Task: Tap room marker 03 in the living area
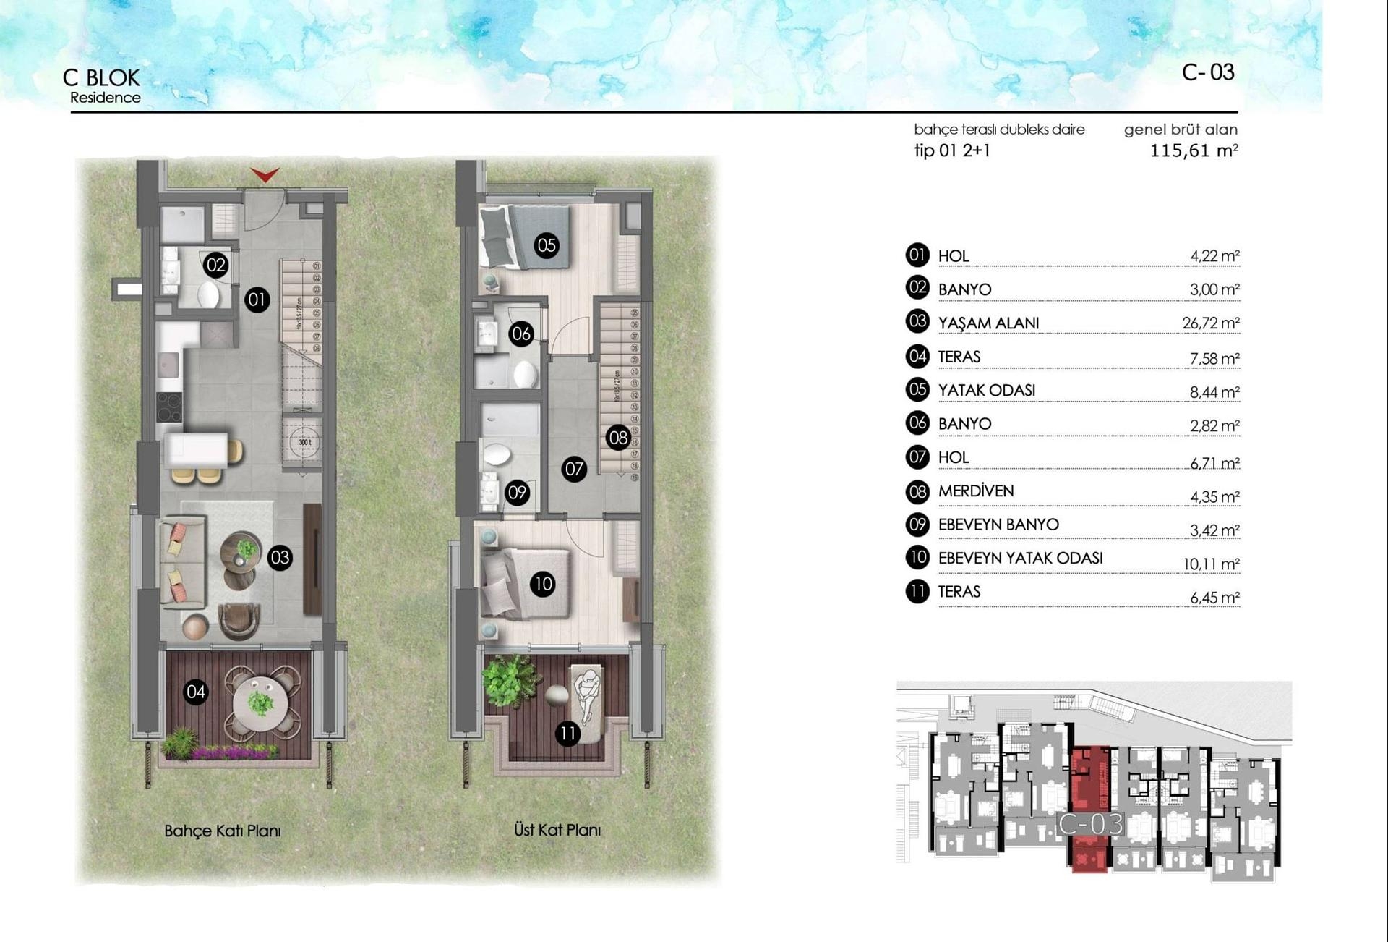pyautogui.click(x=280, y=557)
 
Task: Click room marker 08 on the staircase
pyautogui.click(x=618, y=437)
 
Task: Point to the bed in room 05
pyautogui.click(x=524, y=237)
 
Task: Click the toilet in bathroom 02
pyautogui.click(x=209, y=295)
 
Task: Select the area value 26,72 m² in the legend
pyautogui.click(x=1210, y=323)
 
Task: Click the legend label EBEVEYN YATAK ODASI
pyautogui.click(x=1020, y=558)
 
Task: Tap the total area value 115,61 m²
pyautogui.click(x=1193, y=150)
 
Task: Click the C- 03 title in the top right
pyautogui.click(x=1208, y=72)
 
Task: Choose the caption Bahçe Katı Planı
pyautogui.click(x=223, y=831)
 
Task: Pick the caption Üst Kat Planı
pyautogui.click(x=557, y=830)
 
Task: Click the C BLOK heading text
pyautogui.click(x=101, y=77)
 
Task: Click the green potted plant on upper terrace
pyautogui.click(x=510, y=680)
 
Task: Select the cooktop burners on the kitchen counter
pyautogui.click(x=169, y=407)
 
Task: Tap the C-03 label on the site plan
pyautogui.click(x=1090, y=823)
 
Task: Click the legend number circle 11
pyautogui.click(x=917, y=591)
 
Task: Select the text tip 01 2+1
pyautogui.click(x=952, y=150)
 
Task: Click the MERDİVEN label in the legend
pyautogui.click(x=976, y=491)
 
